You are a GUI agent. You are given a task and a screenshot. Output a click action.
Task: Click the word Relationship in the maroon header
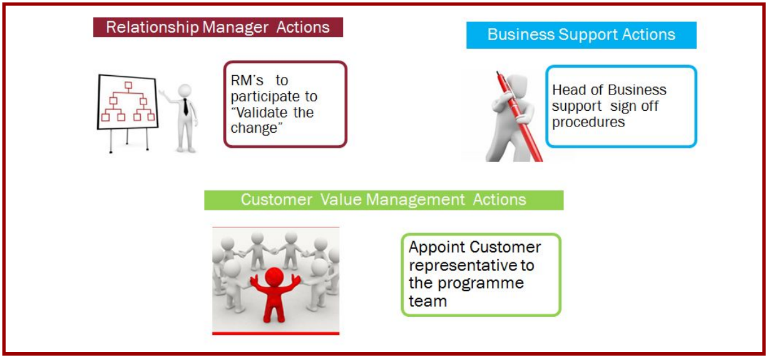tap(152, 28)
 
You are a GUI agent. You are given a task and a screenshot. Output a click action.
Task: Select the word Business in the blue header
tap(521, 34)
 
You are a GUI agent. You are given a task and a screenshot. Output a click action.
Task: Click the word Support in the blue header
tap(588, 35)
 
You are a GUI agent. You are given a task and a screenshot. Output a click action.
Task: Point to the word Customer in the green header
tap(277, 200)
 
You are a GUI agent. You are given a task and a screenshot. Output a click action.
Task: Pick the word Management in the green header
tap(416, 200)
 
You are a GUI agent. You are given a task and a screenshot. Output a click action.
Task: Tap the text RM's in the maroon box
tap(247, 81)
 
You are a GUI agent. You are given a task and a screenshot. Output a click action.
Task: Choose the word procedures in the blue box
tap(588, 123)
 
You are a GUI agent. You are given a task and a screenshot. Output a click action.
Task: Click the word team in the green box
tap(428, 301)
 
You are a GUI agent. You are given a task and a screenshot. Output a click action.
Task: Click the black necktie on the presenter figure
tap(185, 106)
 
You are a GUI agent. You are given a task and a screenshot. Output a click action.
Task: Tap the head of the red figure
tap(274, 277)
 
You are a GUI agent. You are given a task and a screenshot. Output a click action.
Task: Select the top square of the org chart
tap(128, 85)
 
